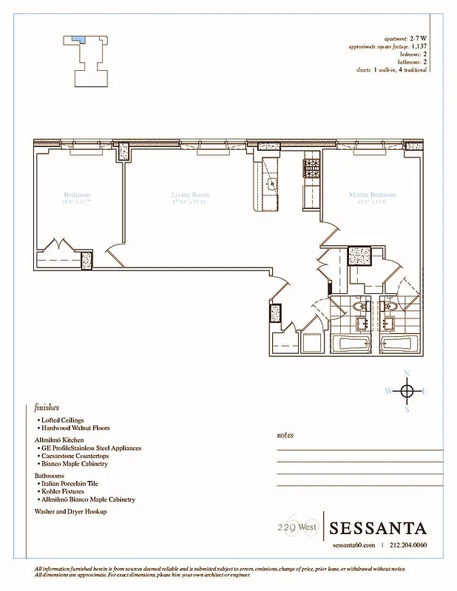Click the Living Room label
point(190,195)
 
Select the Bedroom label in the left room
point(76,195)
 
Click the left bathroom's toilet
point(360,306)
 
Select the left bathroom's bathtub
point(351,344)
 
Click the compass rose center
point(406,390)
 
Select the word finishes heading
point(47,407)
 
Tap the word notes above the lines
point(285,435)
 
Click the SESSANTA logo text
point(378,528)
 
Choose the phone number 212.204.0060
point(407,546)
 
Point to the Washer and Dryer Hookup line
point(71,511)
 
